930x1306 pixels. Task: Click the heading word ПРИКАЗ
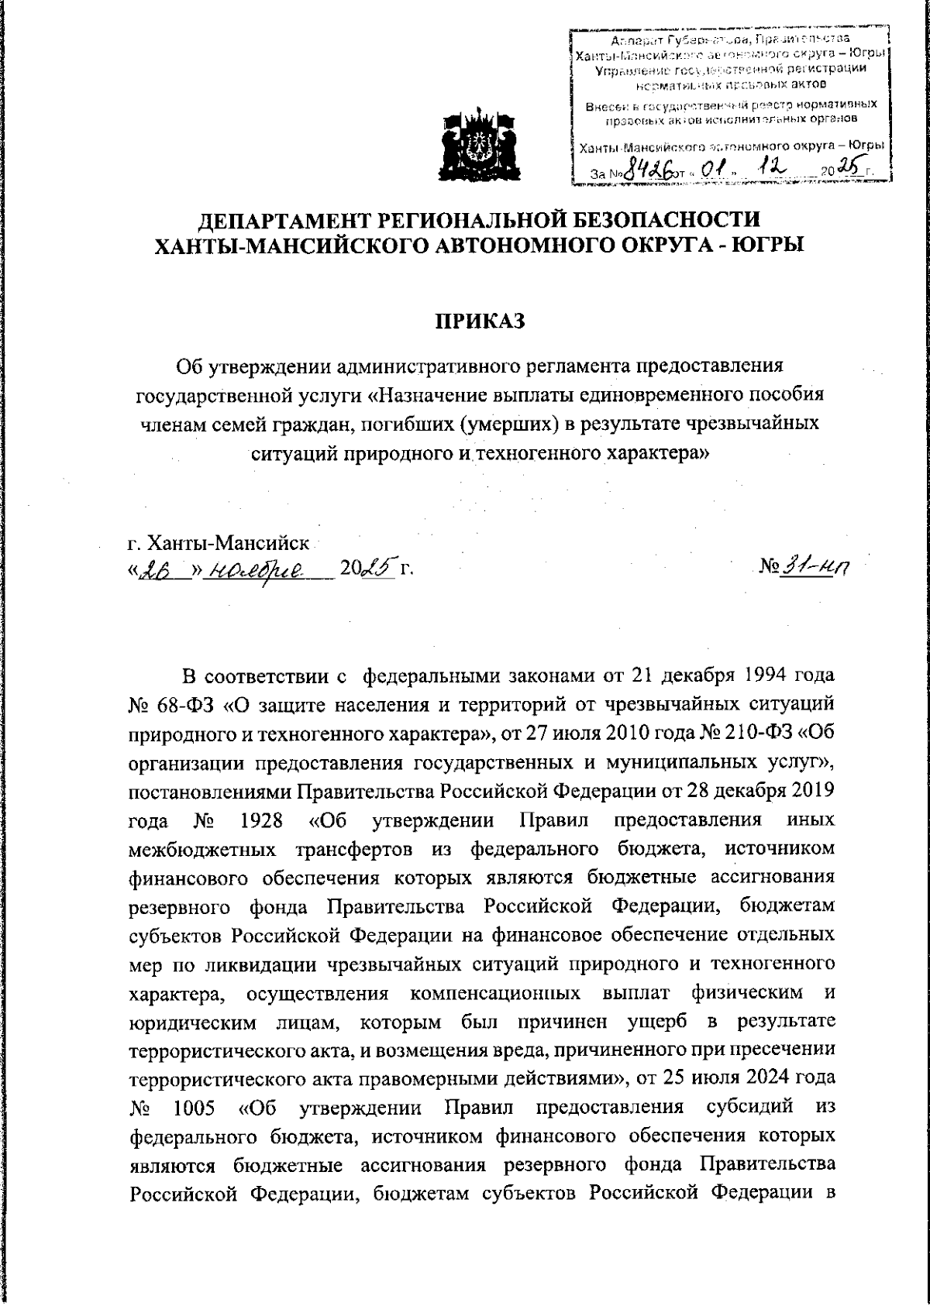pyautogui.click(x=478, y=321)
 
